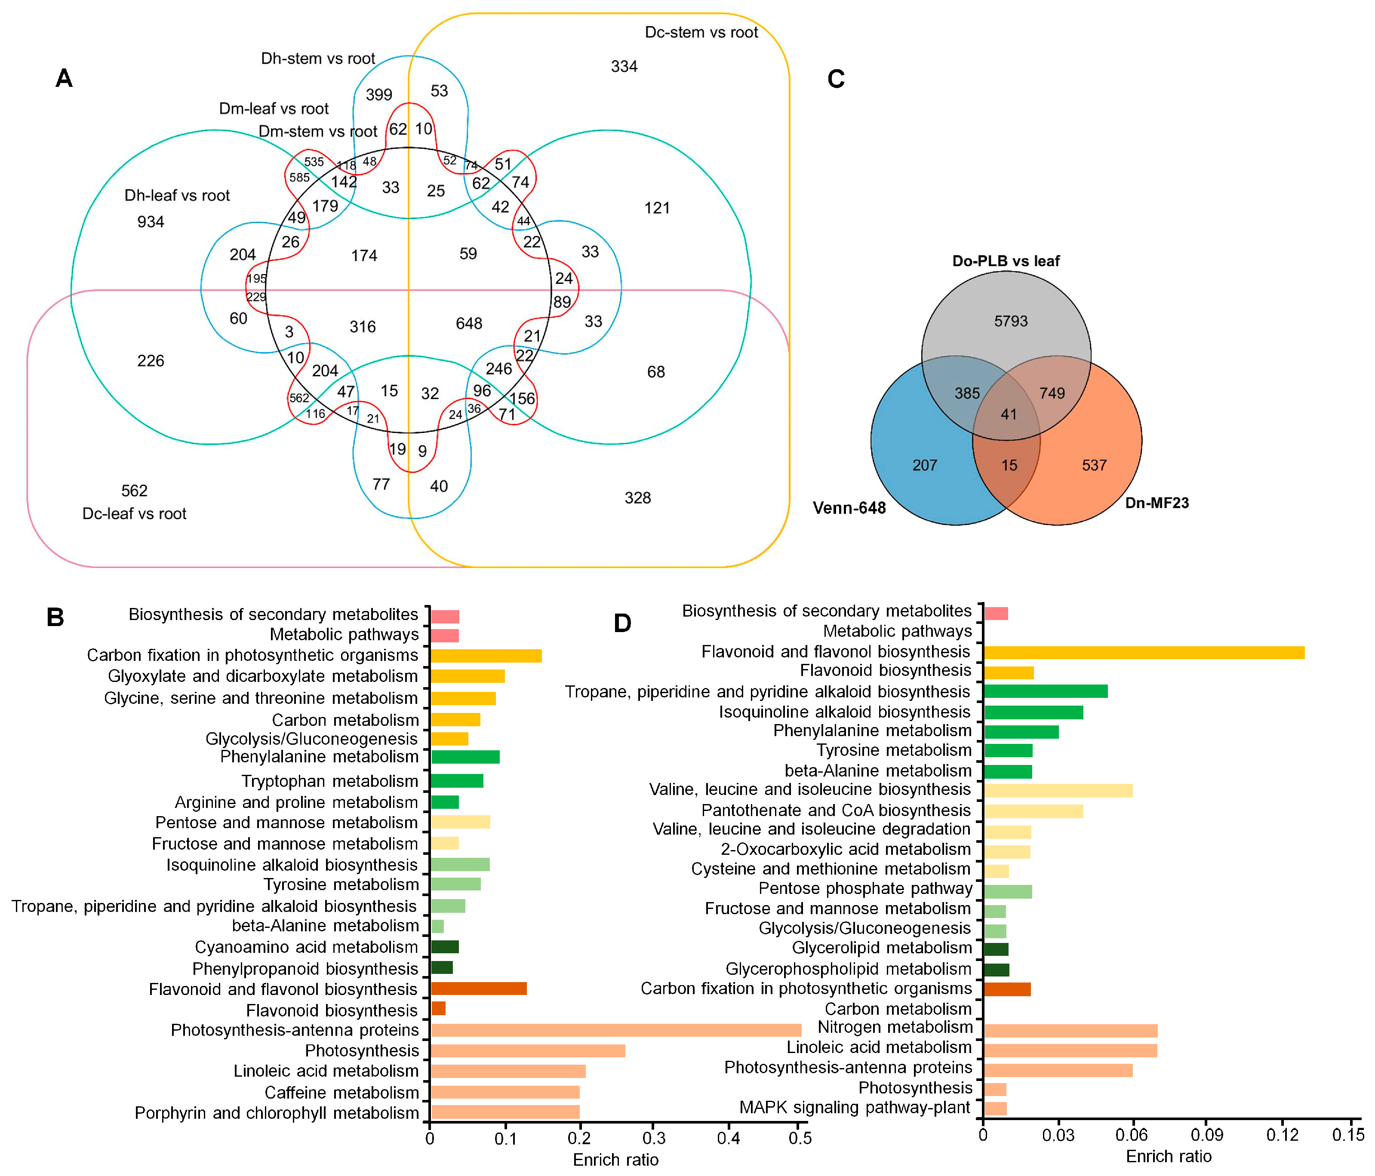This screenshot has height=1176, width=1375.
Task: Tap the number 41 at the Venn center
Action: (1009, 414)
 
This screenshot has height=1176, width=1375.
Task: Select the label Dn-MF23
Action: (1157, 503)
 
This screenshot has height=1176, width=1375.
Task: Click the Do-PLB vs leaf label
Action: (1006, 261)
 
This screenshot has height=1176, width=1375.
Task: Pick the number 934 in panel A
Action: (151, 221)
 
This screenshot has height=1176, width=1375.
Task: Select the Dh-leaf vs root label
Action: (177, 196)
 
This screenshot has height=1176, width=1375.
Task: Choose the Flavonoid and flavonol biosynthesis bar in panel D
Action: (1144, 653)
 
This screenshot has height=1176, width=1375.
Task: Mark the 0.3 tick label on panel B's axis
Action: (654, 1138)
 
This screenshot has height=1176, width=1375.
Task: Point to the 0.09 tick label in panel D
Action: (1206, 1135)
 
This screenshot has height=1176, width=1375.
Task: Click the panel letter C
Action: (836, 79)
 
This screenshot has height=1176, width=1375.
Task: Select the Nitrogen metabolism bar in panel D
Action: (1070, 1031)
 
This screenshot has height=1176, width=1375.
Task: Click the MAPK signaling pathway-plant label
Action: (855, 1107)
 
